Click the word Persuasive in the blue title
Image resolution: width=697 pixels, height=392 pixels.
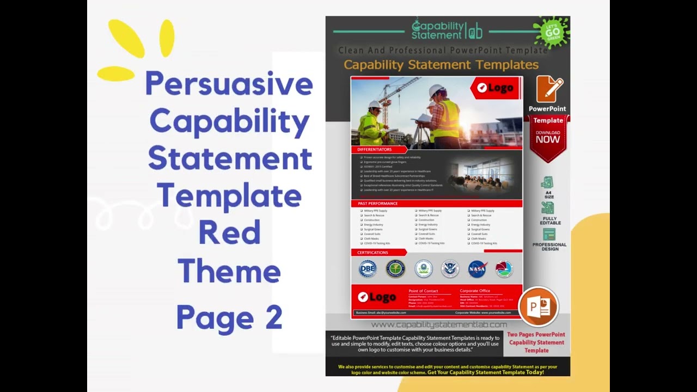click(x=229, y=84)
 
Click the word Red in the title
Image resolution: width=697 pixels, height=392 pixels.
click(x=229, y=232)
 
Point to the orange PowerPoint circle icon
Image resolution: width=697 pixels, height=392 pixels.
click(x=538, y=306)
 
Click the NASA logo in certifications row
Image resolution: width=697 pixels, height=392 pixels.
click(x=478, y=268)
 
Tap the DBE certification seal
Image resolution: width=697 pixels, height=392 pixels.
click(x=368, y=268)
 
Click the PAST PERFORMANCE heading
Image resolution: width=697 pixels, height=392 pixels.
click(x=378, y=204)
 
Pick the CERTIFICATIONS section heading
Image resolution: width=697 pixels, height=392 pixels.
click(x=373, y=253)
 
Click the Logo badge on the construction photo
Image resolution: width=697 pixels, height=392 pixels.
click(x=495, y=88)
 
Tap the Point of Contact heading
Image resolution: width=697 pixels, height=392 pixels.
click(x=423, y=291)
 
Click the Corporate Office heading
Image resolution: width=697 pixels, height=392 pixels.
click(x=475, y=291)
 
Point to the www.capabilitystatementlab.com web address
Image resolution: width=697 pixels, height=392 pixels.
click(x=439, y=324)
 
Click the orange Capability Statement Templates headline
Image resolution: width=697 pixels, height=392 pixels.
click(x=441, y=65)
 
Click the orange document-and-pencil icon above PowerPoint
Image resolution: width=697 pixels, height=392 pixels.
click(x=549, y=89)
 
